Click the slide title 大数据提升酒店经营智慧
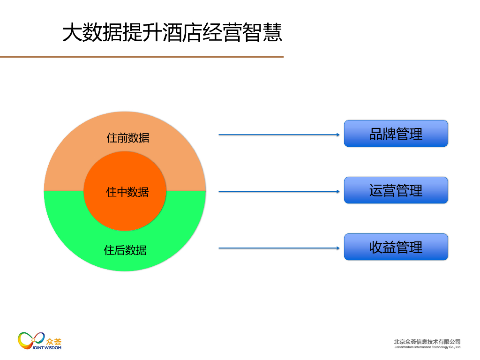172,33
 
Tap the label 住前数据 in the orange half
128,138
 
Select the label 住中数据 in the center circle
127,192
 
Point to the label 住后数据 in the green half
125,250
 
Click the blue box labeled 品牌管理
396,134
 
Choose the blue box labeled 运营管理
396,190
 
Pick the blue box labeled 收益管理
396,247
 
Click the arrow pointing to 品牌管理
278,135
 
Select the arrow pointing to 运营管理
278,192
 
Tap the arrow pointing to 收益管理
278,248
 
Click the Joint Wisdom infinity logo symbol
31,339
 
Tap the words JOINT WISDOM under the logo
47,348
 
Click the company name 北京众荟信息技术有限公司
427,342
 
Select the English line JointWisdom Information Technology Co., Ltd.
427,347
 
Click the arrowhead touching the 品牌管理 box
337,135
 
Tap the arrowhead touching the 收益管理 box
337,248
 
